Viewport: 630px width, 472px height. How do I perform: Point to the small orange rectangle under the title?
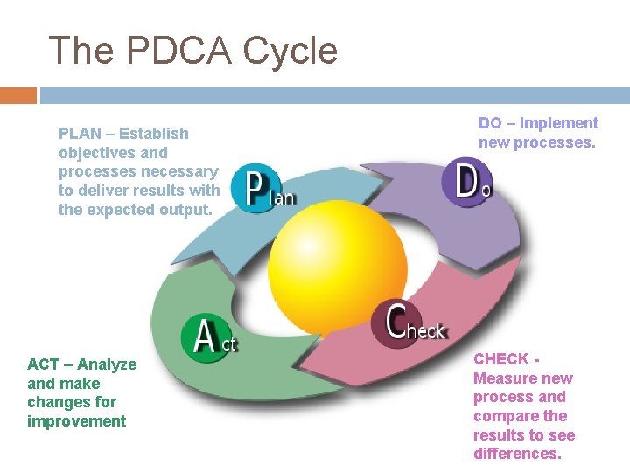point(18,94)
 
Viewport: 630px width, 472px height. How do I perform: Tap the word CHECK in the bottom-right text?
point(501,359)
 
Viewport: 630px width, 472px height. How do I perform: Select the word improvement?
point(77,421)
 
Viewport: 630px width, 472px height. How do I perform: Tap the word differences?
point(516,454)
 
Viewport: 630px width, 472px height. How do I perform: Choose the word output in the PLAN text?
point(183,210)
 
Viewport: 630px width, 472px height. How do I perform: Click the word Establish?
point(153,134)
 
